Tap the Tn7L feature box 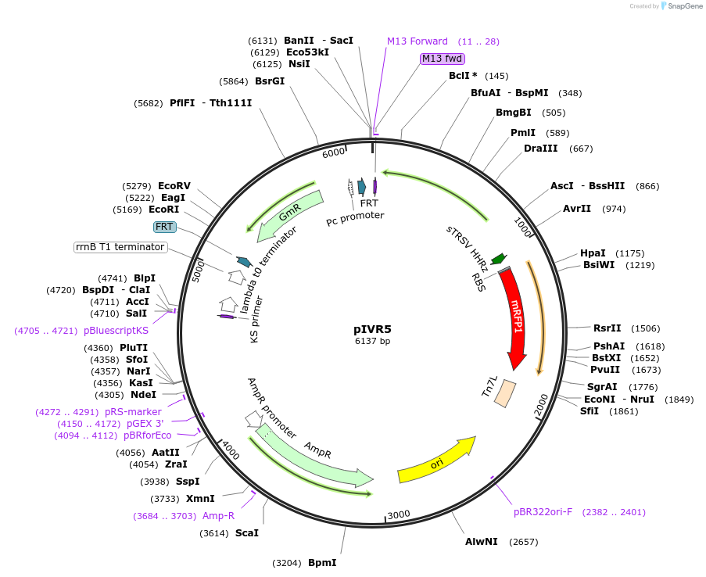point(504,391)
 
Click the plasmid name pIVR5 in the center point(372,329)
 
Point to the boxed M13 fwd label point(442,59)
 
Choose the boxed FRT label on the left point(164,227)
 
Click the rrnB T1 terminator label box point(120,247)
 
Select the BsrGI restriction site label point(270,81)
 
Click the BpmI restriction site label point(322,563)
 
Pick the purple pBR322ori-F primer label point(543,512)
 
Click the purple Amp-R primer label point(218,516)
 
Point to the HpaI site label point(593,253)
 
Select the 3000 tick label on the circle point(399,514)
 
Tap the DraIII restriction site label point(541,149)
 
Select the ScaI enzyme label point(247,533)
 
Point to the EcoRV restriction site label point(174,186)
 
